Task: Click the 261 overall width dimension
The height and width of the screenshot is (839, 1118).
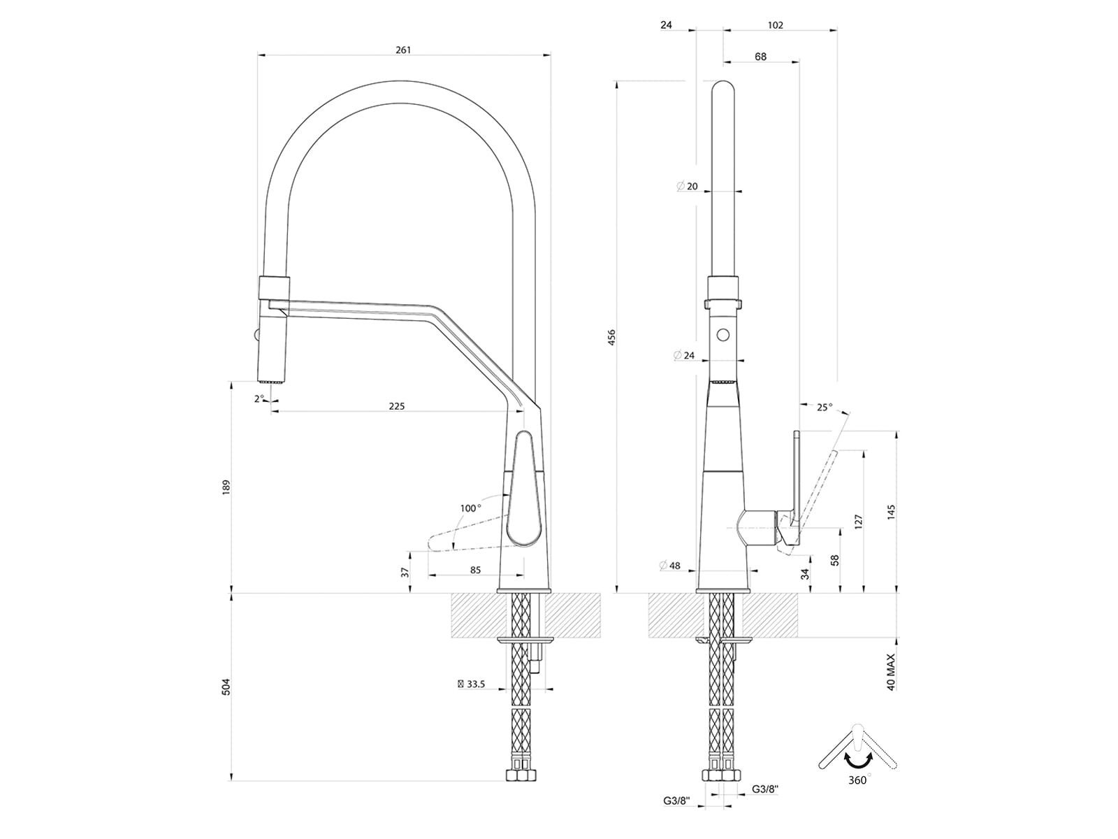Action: click(x=403, y=50)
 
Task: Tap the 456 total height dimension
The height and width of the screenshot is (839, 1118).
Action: click(x=611, y=337)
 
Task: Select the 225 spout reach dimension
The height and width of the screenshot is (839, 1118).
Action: click(x=397, y=406)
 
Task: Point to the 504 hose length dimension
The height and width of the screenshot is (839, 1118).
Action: click(x=226, y=687)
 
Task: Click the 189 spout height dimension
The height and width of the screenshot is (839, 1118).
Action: click(x=226, y=487)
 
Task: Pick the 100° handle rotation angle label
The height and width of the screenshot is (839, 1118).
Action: click(x=471, y=508)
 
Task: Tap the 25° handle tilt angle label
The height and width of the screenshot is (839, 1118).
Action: click(x=825, y=407)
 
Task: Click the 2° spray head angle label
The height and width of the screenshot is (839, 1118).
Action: click(x=260, y=399)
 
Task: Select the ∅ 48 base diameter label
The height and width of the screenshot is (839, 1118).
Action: click(x=670, y=566)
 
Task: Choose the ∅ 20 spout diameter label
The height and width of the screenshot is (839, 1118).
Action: click(x=687, y=187)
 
